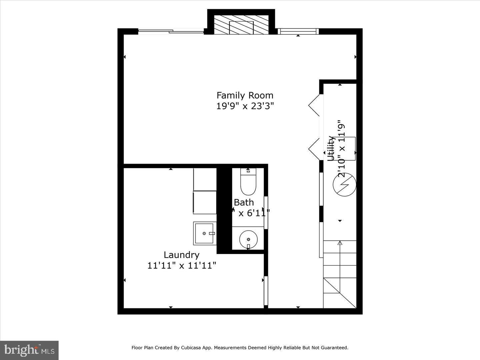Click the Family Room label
pyautogui.click(x=245, y=95)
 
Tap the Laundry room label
pyautogui.click(x=181, y=255)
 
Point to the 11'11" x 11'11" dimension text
pyautogui.click(x=182, y=266)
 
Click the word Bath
pyautogui.click(x=244, y=202)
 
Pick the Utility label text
pyautogui.click(x=331, y=148)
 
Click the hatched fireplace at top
pyautogui.click(x=241, y=25)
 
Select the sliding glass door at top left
pyautogui.click(x=171, y=32)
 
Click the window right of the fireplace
pyautogui.click(x=298, y=31)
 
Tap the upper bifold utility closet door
pyautogui.click(x=315, y=105)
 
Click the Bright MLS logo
pyautogui.click(x=29, y=350)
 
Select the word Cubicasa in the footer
pyautogui.click(x=190, y=348)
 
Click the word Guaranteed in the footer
pyautogui.click(x=334, y=348)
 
